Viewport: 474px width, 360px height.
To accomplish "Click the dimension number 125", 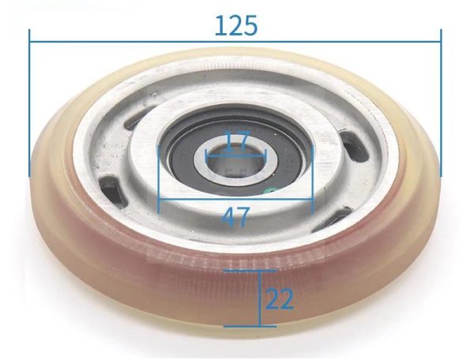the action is coord(236,26).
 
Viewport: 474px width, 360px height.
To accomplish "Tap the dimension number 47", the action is coord(235,216).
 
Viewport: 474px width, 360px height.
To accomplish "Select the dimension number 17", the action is coord(238,140).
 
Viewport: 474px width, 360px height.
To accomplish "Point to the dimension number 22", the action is coord(280,299).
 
